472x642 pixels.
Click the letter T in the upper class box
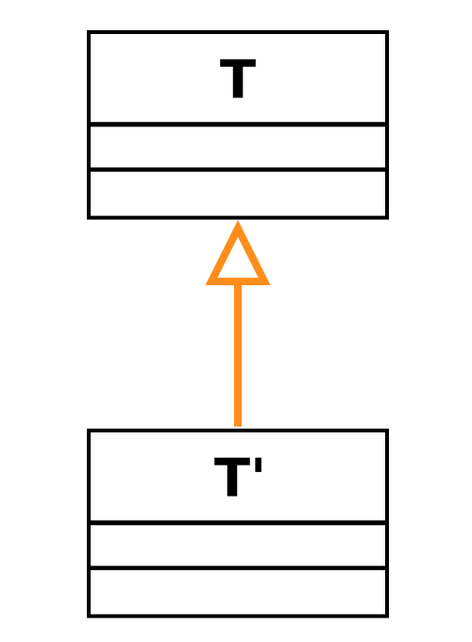coord(238,78)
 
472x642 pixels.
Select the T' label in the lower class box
coord(238,477)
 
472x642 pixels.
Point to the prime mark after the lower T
coord(259,465)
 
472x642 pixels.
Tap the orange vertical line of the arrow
coord(238,355)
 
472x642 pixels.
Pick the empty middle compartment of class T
coord(238,147)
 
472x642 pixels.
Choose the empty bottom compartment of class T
coord(238,194)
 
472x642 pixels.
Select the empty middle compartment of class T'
coord(238,546)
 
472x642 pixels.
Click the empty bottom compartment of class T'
coord(238,592)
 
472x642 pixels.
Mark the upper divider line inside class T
coord(238,125)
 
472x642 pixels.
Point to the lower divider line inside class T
coord(238,170)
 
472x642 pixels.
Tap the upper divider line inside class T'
coord(238,523)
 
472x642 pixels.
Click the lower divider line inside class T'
coord(238,568)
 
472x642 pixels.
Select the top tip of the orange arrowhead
coord(238,222)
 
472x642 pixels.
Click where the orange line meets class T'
coord(238,427)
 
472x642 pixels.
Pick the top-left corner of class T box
coord(89,31)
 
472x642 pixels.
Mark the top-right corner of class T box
coord(387,31)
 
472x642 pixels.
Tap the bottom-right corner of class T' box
coord(387,616)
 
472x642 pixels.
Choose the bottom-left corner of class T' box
coord(89,616)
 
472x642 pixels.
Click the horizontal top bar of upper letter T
coord(238,63)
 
